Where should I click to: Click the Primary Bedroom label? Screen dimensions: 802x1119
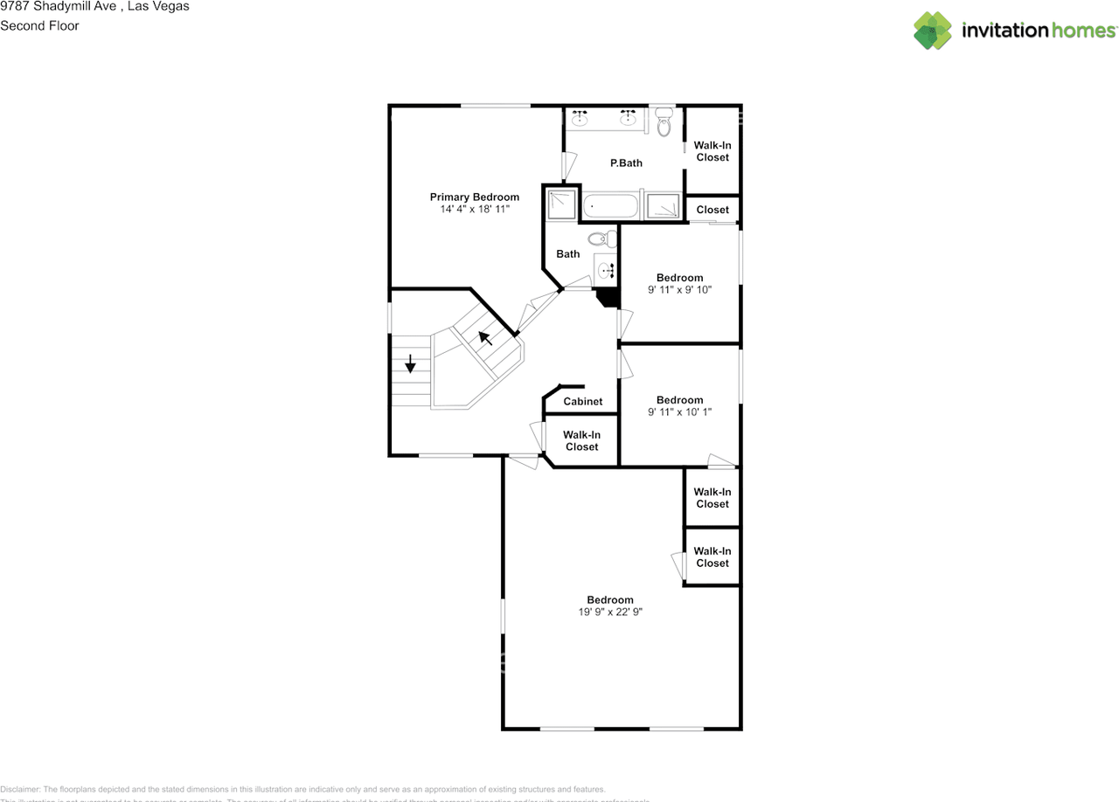click(474, 197)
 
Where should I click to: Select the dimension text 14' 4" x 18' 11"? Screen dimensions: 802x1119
click(474, 210)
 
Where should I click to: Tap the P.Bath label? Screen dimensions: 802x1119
click(626, 163)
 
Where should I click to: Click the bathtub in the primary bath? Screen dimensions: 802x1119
click(610, 206)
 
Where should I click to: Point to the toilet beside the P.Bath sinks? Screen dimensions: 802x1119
click(664, 124)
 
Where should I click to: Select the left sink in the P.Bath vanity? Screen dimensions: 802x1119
click(579, 118)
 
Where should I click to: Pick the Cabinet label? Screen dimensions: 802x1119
click(582, 402)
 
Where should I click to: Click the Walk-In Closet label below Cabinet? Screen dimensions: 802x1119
click(581, 440)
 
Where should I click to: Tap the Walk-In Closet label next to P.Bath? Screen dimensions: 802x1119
click(712, 151)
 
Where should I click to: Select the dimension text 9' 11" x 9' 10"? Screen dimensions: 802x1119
click(679, 290)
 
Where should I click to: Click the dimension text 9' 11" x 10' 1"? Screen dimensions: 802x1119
click(679, 412)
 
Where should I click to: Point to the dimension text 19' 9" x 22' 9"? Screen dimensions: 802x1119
click(609, 612)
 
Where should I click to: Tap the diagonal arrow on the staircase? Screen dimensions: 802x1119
click(484, 337)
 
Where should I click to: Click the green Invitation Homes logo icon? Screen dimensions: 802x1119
click(933, 31)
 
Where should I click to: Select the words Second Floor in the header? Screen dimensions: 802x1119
click(39, 25)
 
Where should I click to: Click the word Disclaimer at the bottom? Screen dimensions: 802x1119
click(20, 789)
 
